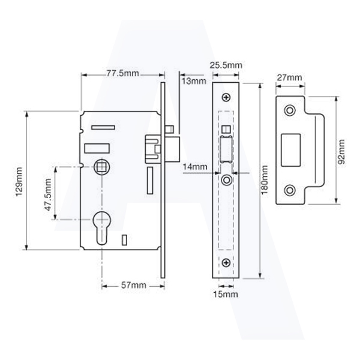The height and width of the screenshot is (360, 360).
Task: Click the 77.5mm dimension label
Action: [122, 73]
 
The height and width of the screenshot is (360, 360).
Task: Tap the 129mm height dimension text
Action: [19, 182]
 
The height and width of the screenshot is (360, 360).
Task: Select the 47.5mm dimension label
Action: [48, 194]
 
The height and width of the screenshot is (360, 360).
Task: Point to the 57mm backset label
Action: [134, 285]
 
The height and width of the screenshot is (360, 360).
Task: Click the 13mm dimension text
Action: [194, 81]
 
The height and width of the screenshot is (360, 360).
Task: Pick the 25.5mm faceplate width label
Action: [226, 65]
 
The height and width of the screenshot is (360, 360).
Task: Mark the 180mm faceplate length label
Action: [265, 179]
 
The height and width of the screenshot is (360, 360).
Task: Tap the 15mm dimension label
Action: [226, 294]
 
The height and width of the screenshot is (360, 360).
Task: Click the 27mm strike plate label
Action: [289, 77]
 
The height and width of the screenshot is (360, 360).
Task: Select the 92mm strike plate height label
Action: [342, 152]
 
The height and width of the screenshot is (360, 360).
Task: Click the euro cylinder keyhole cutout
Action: [101, 228]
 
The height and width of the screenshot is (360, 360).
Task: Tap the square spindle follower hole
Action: [102, 167]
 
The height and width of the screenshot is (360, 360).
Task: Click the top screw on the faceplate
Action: [226, 98]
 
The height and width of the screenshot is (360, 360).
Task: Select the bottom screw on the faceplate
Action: [226, 263]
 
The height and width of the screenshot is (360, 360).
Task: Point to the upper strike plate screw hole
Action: [290, 110]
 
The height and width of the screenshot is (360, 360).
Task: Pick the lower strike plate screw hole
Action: [290, 190]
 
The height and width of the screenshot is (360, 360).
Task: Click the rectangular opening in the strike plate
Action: [291, 150]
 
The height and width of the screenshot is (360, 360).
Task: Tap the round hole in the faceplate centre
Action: [226, 180]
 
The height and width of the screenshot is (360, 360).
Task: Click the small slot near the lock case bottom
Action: [124, 240]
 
